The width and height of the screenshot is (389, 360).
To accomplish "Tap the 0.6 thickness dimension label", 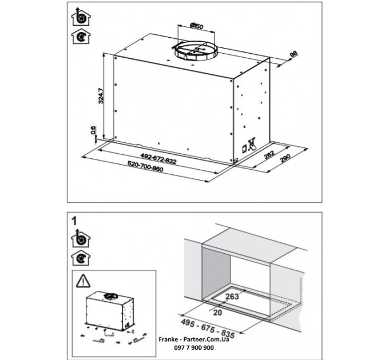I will point(94,131).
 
